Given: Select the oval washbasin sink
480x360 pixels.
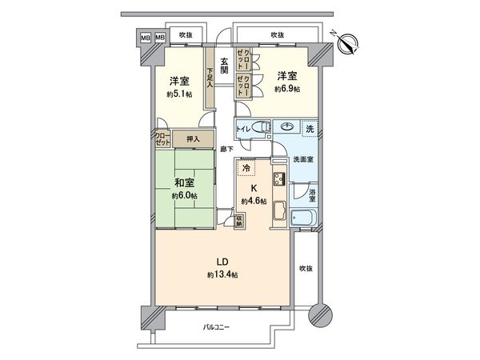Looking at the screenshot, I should tap(286, 126).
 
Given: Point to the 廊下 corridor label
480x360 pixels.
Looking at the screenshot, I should tap(226, 149).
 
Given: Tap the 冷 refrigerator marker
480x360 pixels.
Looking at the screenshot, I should tap(247, 168).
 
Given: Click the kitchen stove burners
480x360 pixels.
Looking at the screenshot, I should tap(280, 178).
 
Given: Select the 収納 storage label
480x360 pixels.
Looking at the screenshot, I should tap(238, 220).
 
